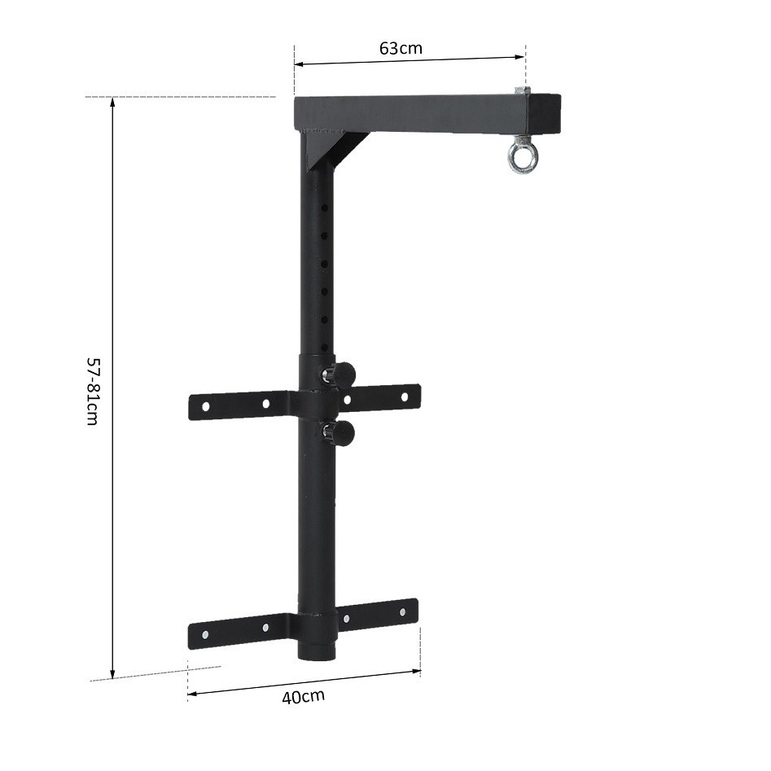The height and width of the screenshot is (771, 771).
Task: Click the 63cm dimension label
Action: (401, 47)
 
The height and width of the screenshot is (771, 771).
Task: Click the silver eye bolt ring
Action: (520, 158)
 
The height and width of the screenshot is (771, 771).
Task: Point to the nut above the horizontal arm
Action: (522, 91)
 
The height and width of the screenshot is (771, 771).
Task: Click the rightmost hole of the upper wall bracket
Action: (404, 396)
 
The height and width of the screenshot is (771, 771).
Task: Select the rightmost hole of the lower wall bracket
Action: (402, 612)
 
